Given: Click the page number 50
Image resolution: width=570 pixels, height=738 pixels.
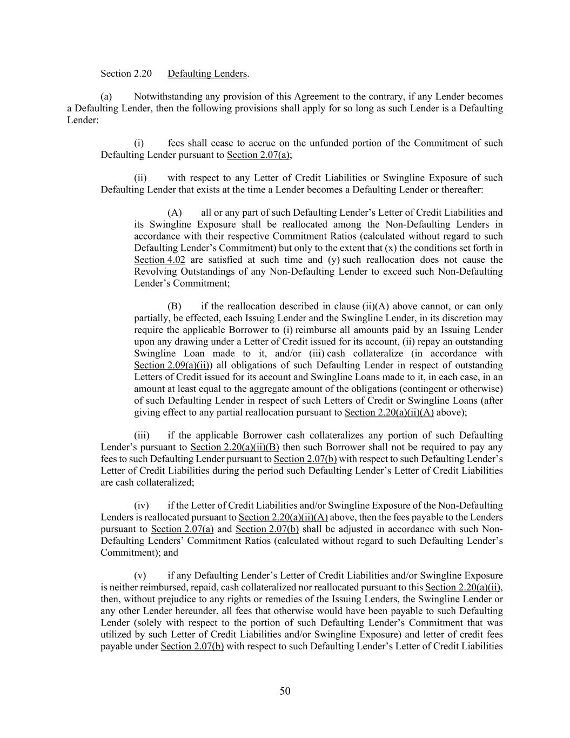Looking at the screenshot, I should click(285, 691).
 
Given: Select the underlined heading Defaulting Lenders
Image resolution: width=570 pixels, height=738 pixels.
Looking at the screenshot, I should click(207, 74).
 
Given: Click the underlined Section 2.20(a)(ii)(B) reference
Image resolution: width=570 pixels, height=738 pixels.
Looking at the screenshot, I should click(234, 447).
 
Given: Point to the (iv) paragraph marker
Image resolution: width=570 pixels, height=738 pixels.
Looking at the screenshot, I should click(142, 506).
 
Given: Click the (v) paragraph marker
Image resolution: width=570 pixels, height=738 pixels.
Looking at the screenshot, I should click(140, 576).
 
